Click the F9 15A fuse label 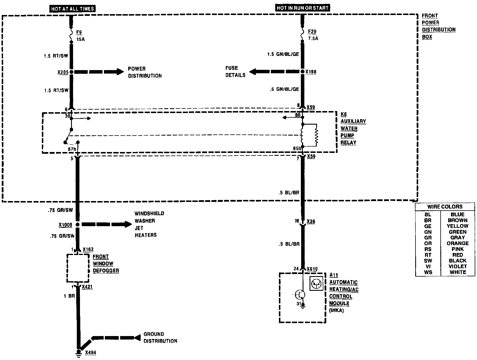coord(80,35)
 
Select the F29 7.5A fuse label coord(313,35)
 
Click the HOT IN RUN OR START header coord(302,8)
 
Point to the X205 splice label coord(63,72)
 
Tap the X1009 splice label coord(65,225)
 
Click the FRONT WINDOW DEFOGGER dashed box coord(78,268)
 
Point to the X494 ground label coord(90,352)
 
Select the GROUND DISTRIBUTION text coord(160,337)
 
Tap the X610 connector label coord(312,269)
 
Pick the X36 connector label coord(311,222)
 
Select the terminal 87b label coord(72,149)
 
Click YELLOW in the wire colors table coord(457,226)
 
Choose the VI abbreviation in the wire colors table coord(428,266)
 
